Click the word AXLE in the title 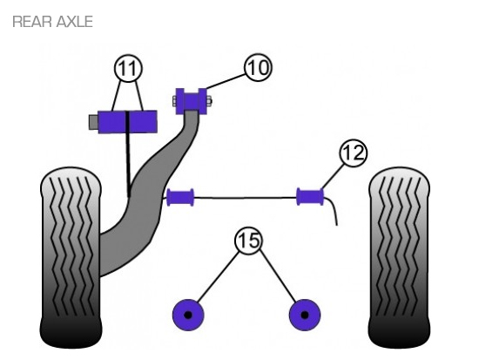click(x=74, y=22)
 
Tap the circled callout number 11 click(x=128, y=69)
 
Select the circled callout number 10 click(x=259, y=68)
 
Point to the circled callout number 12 click(x=353, y=153)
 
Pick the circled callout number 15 click(x=249, y=241)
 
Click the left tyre click(x=71, y=257)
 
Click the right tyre click(x=399, y=257)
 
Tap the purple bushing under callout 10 click(x=192, y=100)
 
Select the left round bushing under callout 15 click(x=188, y=315)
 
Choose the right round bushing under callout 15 click(x=305, y=315)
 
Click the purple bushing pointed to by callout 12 click(x=310, y=197)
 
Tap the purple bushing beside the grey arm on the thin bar click(x=180, y=198)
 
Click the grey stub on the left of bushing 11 click(x=93, y=122)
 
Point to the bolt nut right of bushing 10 click(x=209, y=100)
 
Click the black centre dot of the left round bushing click(x=188, y=315)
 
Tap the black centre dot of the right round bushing click(x=305, y=315)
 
